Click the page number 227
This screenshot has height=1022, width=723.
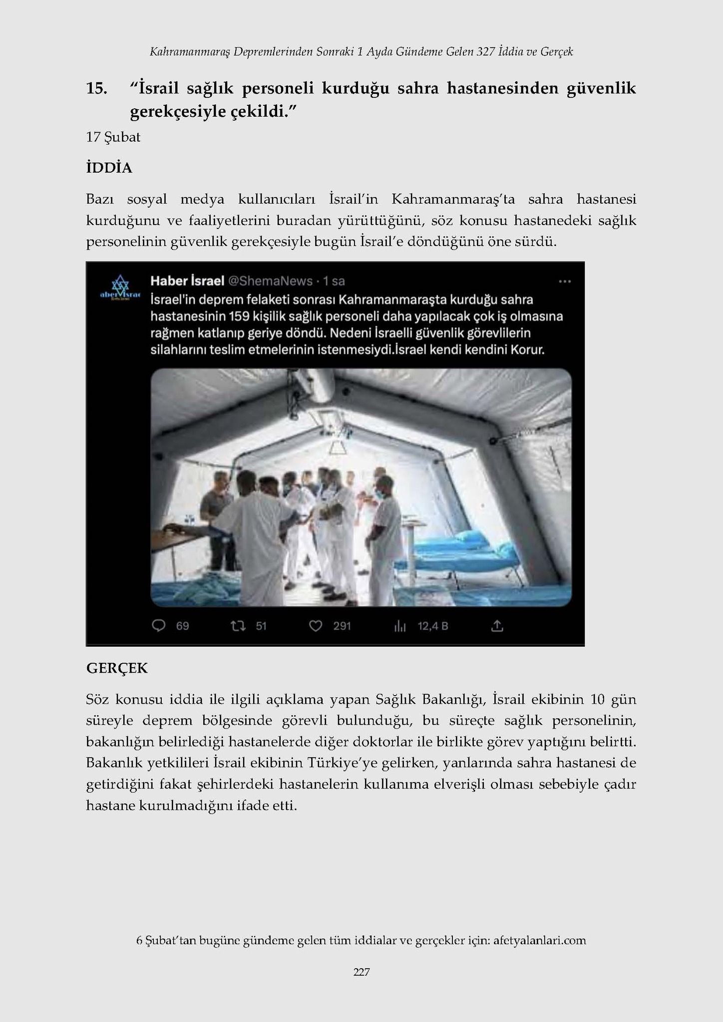[361, 972]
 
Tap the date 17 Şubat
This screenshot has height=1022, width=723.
[113, 137]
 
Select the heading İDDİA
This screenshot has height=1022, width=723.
[109, 168]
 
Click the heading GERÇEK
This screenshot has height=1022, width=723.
[117, 668]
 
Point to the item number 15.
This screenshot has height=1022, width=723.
[96, 88]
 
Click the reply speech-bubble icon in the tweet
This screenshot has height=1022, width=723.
[158, 625]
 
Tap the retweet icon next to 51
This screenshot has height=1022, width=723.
[238, 625]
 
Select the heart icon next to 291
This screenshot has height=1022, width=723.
[316, 625]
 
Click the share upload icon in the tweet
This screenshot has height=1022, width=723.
[497, 625]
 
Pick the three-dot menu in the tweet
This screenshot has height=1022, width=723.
[565, 281]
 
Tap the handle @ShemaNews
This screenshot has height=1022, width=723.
[270, 281]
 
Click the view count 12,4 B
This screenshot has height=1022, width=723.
[432, 625]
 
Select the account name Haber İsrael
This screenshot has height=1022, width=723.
[187, 281]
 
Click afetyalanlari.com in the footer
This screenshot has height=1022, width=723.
[539, 940]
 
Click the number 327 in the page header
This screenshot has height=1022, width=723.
[485, 51]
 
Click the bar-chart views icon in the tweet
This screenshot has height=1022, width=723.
[400, 626]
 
